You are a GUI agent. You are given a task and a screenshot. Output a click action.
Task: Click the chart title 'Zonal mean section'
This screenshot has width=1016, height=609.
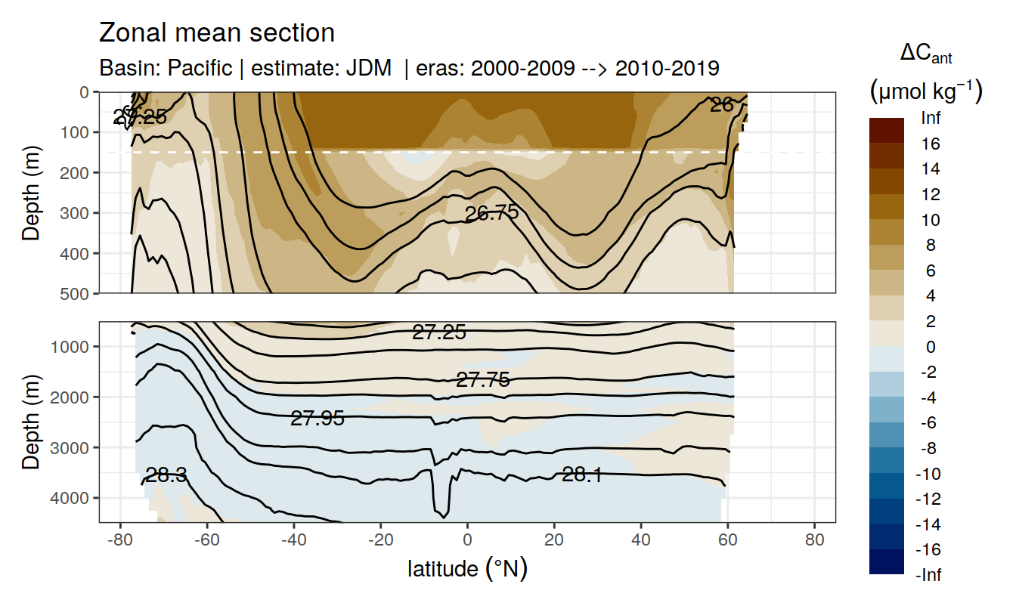217,33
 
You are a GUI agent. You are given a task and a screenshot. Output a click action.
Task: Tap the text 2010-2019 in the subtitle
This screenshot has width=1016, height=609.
667,69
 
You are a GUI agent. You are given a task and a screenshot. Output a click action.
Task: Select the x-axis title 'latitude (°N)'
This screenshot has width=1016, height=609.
467,568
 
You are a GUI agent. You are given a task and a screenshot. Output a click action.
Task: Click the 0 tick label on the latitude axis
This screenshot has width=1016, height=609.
467,541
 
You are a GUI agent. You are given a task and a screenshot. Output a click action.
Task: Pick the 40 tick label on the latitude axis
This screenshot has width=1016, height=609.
641,541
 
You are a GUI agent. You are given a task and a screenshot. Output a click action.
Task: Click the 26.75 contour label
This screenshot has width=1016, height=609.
491,213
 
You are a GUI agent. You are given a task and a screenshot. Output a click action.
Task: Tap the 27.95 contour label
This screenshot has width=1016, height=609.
317,418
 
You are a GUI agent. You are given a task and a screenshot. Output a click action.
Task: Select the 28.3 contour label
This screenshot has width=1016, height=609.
166,475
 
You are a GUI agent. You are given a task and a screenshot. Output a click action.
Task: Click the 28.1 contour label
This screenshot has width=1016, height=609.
581,475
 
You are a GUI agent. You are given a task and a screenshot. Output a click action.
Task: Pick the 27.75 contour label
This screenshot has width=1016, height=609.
483,380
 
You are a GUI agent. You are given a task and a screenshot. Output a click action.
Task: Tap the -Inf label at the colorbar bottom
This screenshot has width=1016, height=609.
930,575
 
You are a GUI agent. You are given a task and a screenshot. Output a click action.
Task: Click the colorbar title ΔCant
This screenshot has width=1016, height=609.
925,54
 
